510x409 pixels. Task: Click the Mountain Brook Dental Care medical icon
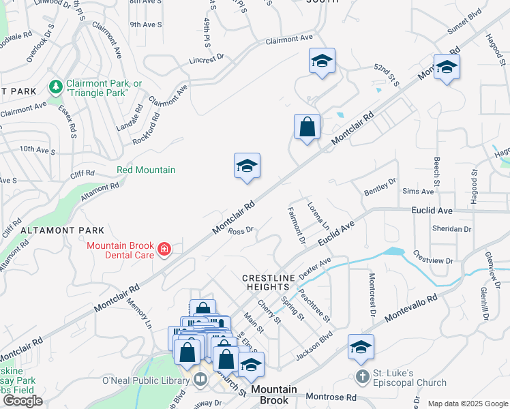(x=164, y=250)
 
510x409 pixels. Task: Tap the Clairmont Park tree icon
(x=55, y=87)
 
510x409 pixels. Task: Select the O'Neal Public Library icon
(x=200, y=380)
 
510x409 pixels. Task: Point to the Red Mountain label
(x=146, y=170)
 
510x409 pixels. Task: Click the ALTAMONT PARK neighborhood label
(x=62, y=231)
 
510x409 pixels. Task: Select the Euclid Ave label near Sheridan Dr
(x=432, y=211)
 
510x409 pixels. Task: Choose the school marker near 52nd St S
(x=322, y=62)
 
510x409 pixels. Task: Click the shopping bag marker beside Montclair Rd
(x=307, y=127)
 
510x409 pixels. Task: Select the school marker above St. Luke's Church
(x=361, y=347)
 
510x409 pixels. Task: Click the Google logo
(x=22, y=401)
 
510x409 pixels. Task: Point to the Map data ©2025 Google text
(x=468, y=404)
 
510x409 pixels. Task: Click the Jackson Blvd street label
(x=314, y=347)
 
